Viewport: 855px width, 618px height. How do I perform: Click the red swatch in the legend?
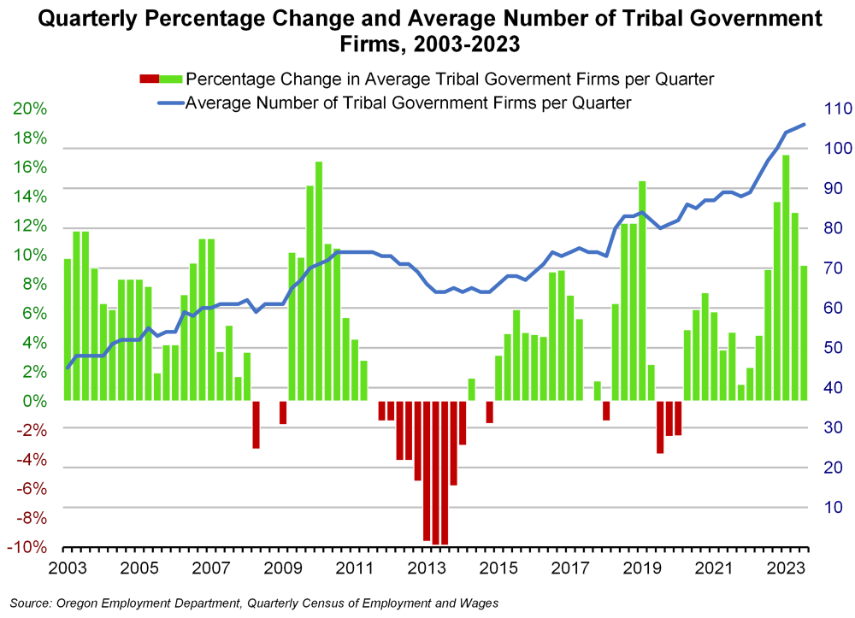point(148,79)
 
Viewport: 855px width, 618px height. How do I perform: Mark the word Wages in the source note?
point(478,603)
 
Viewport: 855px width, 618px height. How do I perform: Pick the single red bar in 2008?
point(256,424)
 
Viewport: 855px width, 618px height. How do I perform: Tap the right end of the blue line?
point(804,125)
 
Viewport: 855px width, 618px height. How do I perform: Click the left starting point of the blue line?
point(68,368)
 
